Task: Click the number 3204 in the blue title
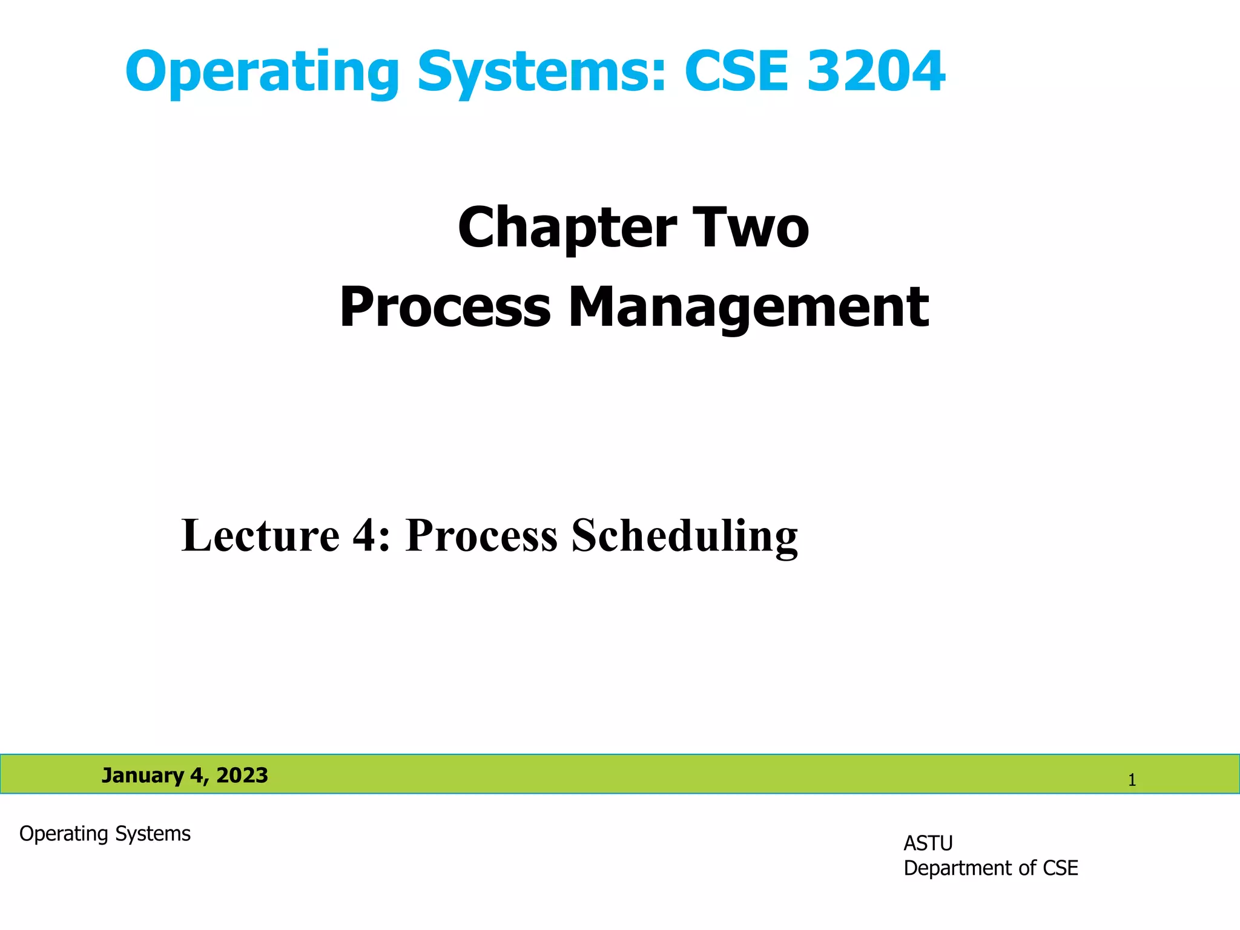876,71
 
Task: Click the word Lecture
260,535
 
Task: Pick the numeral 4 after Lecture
365,535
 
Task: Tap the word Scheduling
685,536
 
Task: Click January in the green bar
142,776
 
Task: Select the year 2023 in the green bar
242,776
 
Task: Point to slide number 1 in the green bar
1132,780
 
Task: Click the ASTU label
928,843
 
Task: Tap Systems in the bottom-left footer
153,834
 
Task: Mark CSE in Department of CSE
1060,868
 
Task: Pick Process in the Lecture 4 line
481,535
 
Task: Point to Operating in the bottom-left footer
64,834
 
